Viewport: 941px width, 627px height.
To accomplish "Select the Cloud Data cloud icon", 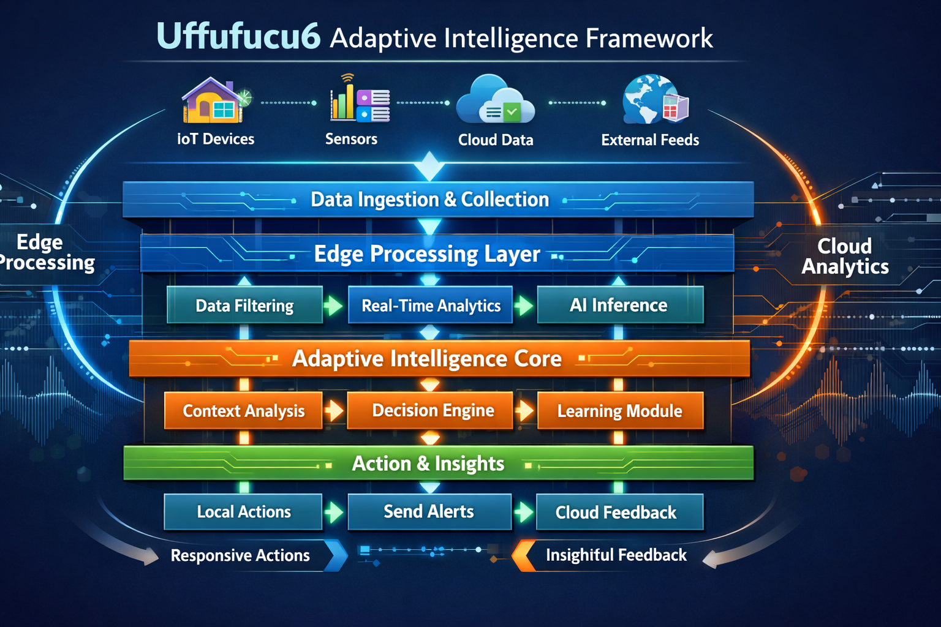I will pos(495,102).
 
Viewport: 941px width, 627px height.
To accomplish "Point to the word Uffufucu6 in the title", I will pos(238,37).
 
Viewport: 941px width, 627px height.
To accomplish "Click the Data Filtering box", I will pos(244,305).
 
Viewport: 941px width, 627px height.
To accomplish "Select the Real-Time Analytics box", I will pos(431,305).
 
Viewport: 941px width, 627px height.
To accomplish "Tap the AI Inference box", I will pos(619,305).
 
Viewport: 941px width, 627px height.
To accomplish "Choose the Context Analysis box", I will pos(243,410).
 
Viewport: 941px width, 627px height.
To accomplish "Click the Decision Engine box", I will pos(433,410).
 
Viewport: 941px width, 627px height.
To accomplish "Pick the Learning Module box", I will pos(619,410).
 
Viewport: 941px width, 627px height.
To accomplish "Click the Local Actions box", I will pos(243,512).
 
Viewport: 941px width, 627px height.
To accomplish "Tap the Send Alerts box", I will pos(429,512).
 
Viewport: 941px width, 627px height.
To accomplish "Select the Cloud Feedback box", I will pos(616,512).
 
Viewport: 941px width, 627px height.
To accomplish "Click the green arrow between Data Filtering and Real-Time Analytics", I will pos(333,305).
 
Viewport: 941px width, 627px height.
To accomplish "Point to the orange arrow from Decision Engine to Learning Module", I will pos(524,410).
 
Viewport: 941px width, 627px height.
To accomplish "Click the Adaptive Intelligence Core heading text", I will pos(427,359).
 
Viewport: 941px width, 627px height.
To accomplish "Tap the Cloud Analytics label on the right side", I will pos(845,256).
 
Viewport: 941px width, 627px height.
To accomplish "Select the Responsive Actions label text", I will pos(240,555).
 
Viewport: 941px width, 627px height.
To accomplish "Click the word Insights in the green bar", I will pos(469,464).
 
